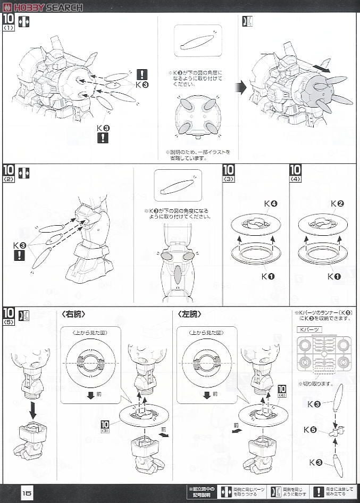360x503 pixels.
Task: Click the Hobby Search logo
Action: pos(43,7)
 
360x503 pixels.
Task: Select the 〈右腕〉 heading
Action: pos(73,315)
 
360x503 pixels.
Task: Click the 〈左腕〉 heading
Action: pos(190,315)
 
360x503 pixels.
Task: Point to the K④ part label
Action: pos(270,204)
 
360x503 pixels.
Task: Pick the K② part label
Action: pos(337,204)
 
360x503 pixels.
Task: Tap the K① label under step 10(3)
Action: pos(267,276)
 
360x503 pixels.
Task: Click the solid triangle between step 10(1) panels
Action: pos(241,87)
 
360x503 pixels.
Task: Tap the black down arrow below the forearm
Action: pos(32,410)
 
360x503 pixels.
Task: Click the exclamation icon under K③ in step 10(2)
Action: pos(20,255)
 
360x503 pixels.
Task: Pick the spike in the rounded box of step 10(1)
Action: pos(197,42)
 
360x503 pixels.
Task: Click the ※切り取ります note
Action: pos(315,383)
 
